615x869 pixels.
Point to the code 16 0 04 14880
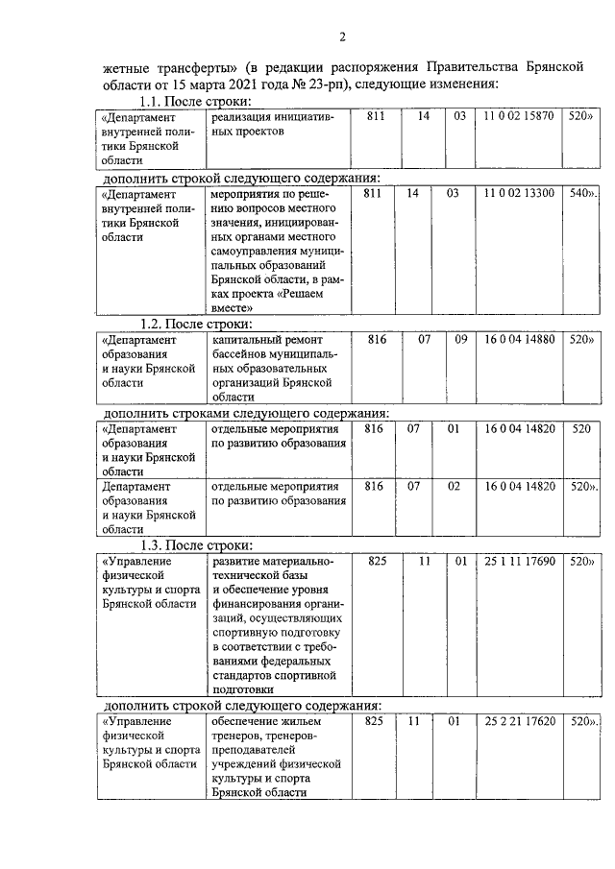[x=519, y=339]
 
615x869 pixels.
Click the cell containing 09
[x=459, y=339]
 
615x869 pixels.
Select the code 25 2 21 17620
[x=519, y=720]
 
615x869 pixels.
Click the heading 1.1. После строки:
[x=195, y=101]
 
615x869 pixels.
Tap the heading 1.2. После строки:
[x=195, y=324]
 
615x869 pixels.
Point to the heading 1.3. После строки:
[x=195, y=545]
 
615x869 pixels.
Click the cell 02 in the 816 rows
[x=459, y=486]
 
